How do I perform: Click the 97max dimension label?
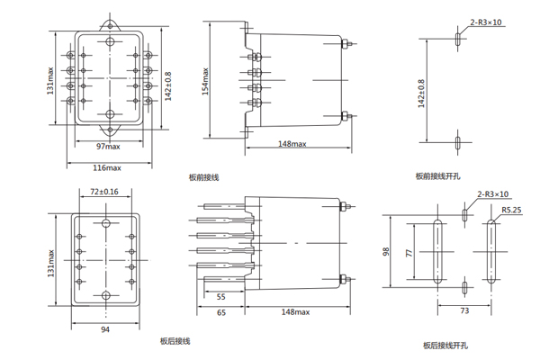pos(110,145)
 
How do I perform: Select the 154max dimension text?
pos(206,81)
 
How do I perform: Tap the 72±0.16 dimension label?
pos(105,192)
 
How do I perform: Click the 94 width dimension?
pos(105,329)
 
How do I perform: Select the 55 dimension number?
pos(220,296)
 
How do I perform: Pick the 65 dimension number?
pos(220,311)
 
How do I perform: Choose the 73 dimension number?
pos(465,310)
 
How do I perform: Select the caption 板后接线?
pos(175,341)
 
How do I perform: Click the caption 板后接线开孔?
pos(445,345)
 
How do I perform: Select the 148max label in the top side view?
pos(292,144)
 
